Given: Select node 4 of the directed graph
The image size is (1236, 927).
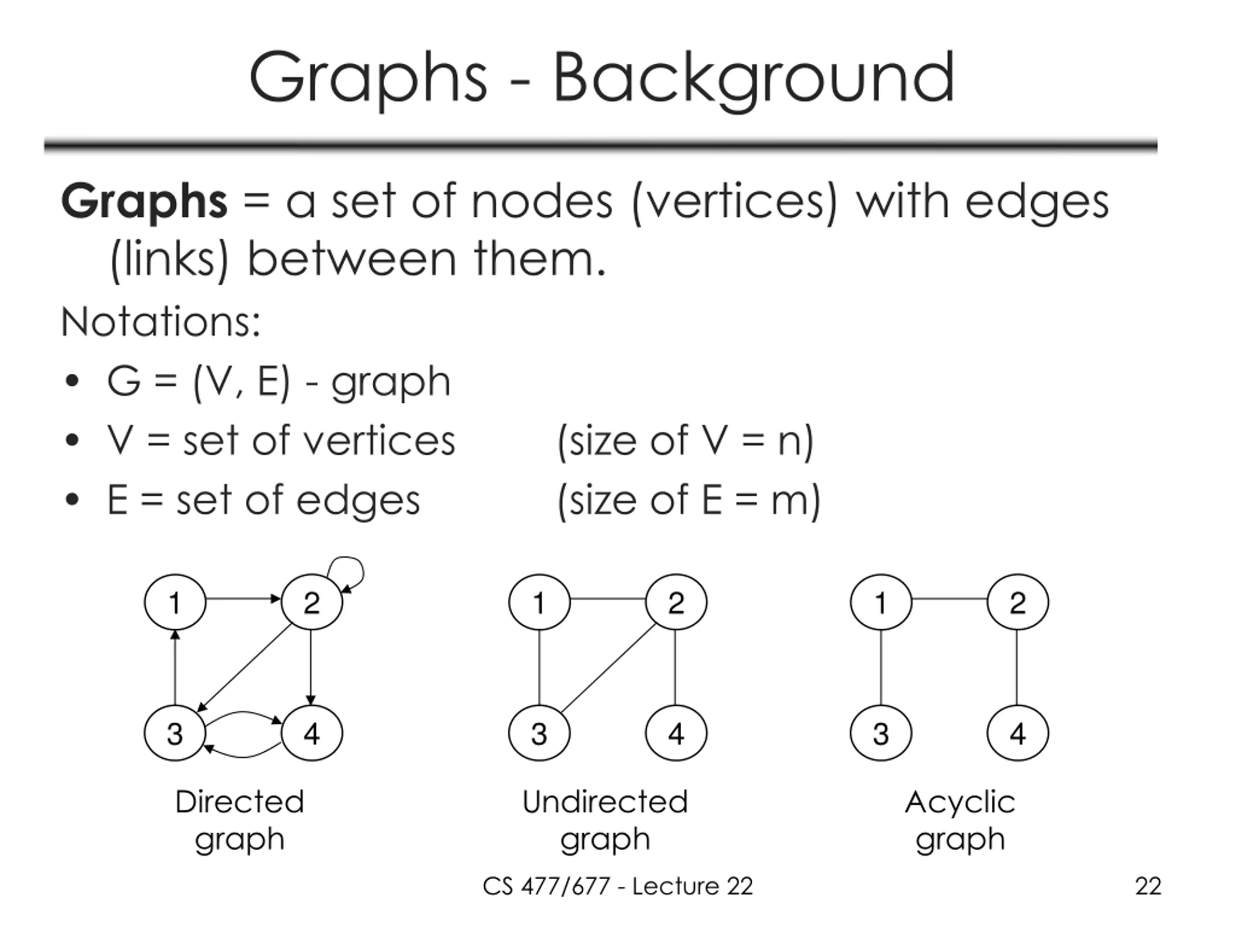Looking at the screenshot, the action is tap(312, 733).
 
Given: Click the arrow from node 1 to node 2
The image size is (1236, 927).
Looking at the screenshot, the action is tap(243, 599).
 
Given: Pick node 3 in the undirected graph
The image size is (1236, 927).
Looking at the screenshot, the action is tap(539, 733).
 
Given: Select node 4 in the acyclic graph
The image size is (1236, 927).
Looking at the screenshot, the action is tap(1017, 733).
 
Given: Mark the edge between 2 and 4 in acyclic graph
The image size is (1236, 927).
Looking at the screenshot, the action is tap(1016, 668).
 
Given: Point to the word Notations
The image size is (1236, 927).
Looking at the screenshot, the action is tap(160, 323).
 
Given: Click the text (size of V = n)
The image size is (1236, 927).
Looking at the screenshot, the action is tap(685, 441).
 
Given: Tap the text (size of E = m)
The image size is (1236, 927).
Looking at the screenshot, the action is tap(688, 501).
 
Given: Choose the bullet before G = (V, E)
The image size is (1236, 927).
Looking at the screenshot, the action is tap(72, 381).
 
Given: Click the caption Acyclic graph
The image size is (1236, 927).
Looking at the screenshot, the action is tap(960, 820).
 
